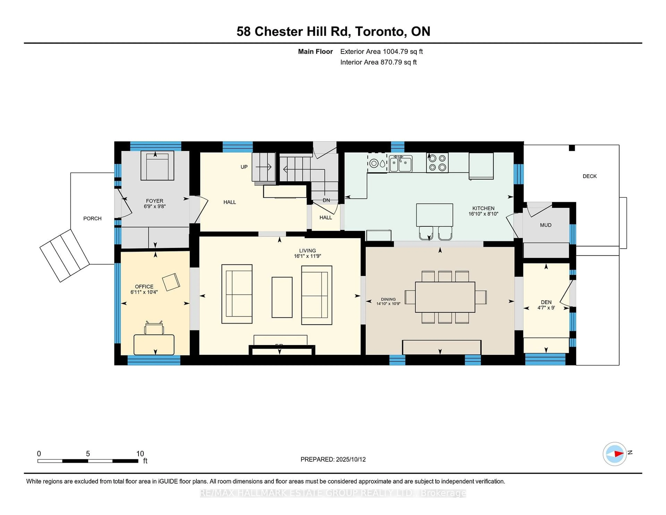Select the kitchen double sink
401,164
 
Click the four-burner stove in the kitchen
437,163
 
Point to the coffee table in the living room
282,297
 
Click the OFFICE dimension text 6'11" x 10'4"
144,292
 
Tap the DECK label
590,176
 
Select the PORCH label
92,218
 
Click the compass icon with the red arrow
614,454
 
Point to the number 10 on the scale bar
140,454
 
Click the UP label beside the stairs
244,167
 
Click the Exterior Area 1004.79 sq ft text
382,52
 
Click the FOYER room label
155,201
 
